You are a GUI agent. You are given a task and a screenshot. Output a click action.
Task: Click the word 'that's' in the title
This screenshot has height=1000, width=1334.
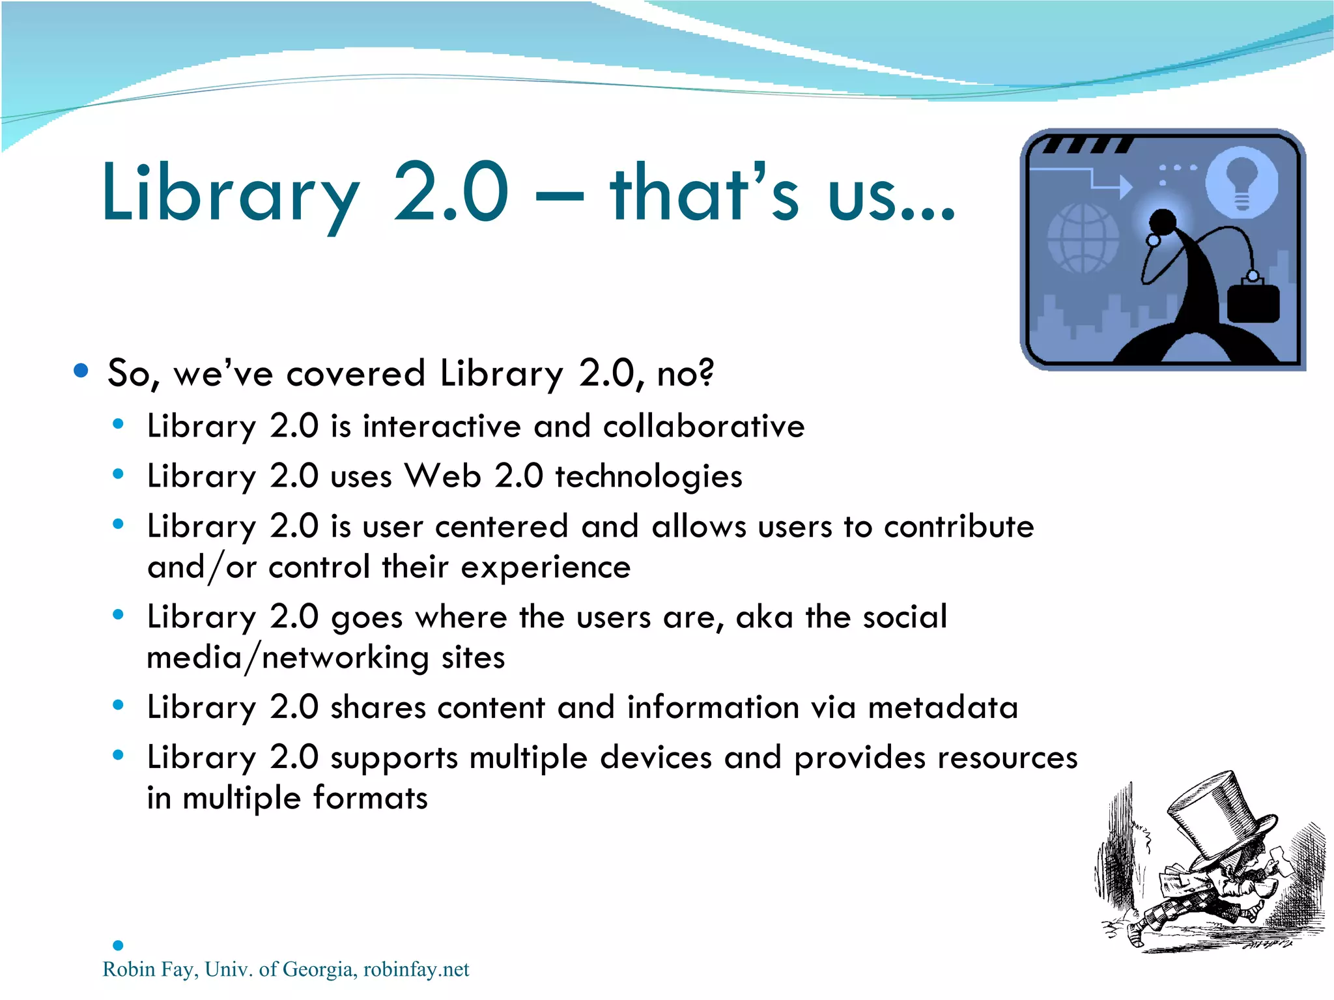703,193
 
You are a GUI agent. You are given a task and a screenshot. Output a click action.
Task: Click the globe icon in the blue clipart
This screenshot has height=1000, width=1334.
1082,238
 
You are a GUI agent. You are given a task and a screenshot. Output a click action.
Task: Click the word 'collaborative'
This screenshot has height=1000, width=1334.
703,427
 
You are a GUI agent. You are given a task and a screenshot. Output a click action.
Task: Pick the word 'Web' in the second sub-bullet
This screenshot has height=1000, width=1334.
443,476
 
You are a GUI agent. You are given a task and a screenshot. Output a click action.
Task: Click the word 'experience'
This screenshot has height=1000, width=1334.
546,567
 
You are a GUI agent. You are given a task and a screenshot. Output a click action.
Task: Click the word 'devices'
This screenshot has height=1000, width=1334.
655,758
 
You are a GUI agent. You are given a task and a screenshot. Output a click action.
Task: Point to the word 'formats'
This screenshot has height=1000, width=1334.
370,798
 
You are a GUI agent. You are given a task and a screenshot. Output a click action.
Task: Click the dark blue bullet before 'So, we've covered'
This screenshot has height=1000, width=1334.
81,371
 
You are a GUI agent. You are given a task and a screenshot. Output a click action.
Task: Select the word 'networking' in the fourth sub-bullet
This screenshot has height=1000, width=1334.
345,657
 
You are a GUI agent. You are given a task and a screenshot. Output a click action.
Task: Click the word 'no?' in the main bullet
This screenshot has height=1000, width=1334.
685,373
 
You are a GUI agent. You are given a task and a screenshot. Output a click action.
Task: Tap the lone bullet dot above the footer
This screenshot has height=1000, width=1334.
118,945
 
